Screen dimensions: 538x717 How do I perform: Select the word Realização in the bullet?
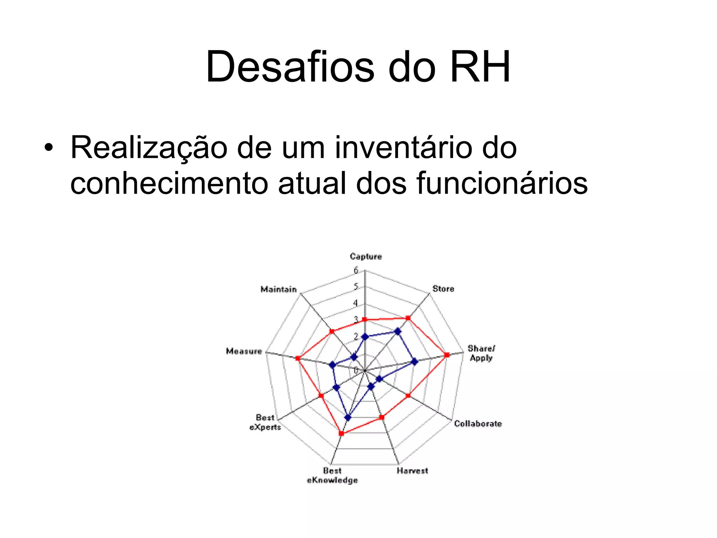(149, 148)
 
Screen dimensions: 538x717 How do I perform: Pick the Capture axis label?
(366, 256)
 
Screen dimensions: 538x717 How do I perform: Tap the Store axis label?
(443, 289)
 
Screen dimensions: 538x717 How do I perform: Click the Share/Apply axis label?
(481, 353)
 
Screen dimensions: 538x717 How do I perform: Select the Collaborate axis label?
(478, 423)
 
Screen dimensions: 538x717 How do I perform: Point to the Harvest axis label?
(412, 471)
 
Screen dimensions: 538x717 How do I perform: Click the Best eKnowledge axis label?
(332, 475)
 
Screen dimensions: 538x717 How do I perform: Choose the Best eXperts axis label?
(265, 422)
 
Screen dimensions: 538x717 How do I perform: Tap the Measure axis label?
(244, 351)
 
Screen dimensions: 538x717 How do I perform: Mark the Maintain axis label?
(279, 289)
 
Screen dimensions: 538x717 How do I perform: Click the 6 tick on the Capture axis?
(356, 270)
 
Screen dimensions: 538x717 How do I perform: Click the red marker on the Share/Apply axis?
(447, 355)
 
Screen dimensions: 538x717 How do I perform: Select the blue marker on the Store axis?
(397, 331)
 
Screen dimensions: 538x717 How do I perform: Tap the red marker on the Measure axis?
(298, 358)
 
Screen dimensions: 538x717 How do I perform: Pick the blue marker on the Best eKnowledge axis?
(348, 417)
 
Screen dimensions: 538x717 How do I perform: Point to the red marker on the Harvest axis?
(382, 417)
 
